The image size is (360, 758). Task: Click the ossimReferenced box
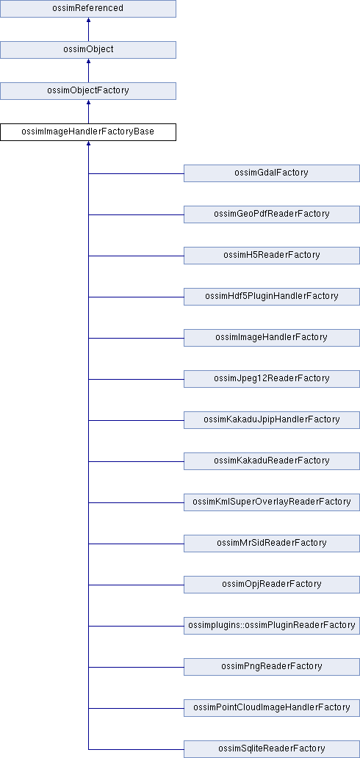coord(87,9)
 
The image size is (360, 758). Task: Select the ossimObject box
coord(87,50)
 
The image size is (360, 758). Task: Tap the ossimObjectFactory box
coord(87,91)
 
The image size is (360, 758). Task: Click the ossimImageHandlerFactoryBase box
coord(87,132)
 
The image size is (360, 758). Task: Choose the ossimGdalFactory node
coord(271,173)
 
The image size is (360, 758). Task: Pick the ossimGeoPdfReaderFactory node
coord(271,214)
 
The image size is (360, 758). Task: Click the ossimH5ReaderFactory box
coord(271,256)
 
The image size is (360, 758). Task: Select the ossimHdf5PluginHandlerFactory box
coord(271,296)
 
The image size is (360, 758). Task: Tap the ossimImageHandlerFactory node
coord(271,337)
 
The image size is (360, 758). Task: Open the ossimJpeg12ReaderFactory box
coord(271,378)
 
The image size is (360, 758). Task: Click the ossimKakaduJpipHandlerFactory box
coord(271,419)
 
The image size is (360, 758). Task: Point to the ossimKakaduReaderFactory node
coord(271,461)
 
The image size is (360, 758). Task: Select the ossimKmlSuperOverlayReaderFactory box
coord(271,502)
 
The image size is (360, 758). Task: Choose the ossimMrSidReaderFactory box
coord(271,543)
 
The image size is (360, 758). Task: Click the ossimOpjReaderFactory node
coord(271,584)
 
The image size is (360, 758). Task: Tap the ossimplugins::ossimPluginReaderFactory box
coord(271,625)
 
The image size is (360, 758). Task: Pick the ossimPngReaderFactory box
coord(271,666)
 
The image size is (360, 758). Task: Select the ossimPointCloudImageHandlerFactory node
coord(271,707)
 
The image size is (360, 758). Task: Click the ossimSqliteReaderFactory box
coord(271,748)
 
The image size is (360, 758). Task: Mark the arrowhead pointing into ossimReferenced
coord(88,21)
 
